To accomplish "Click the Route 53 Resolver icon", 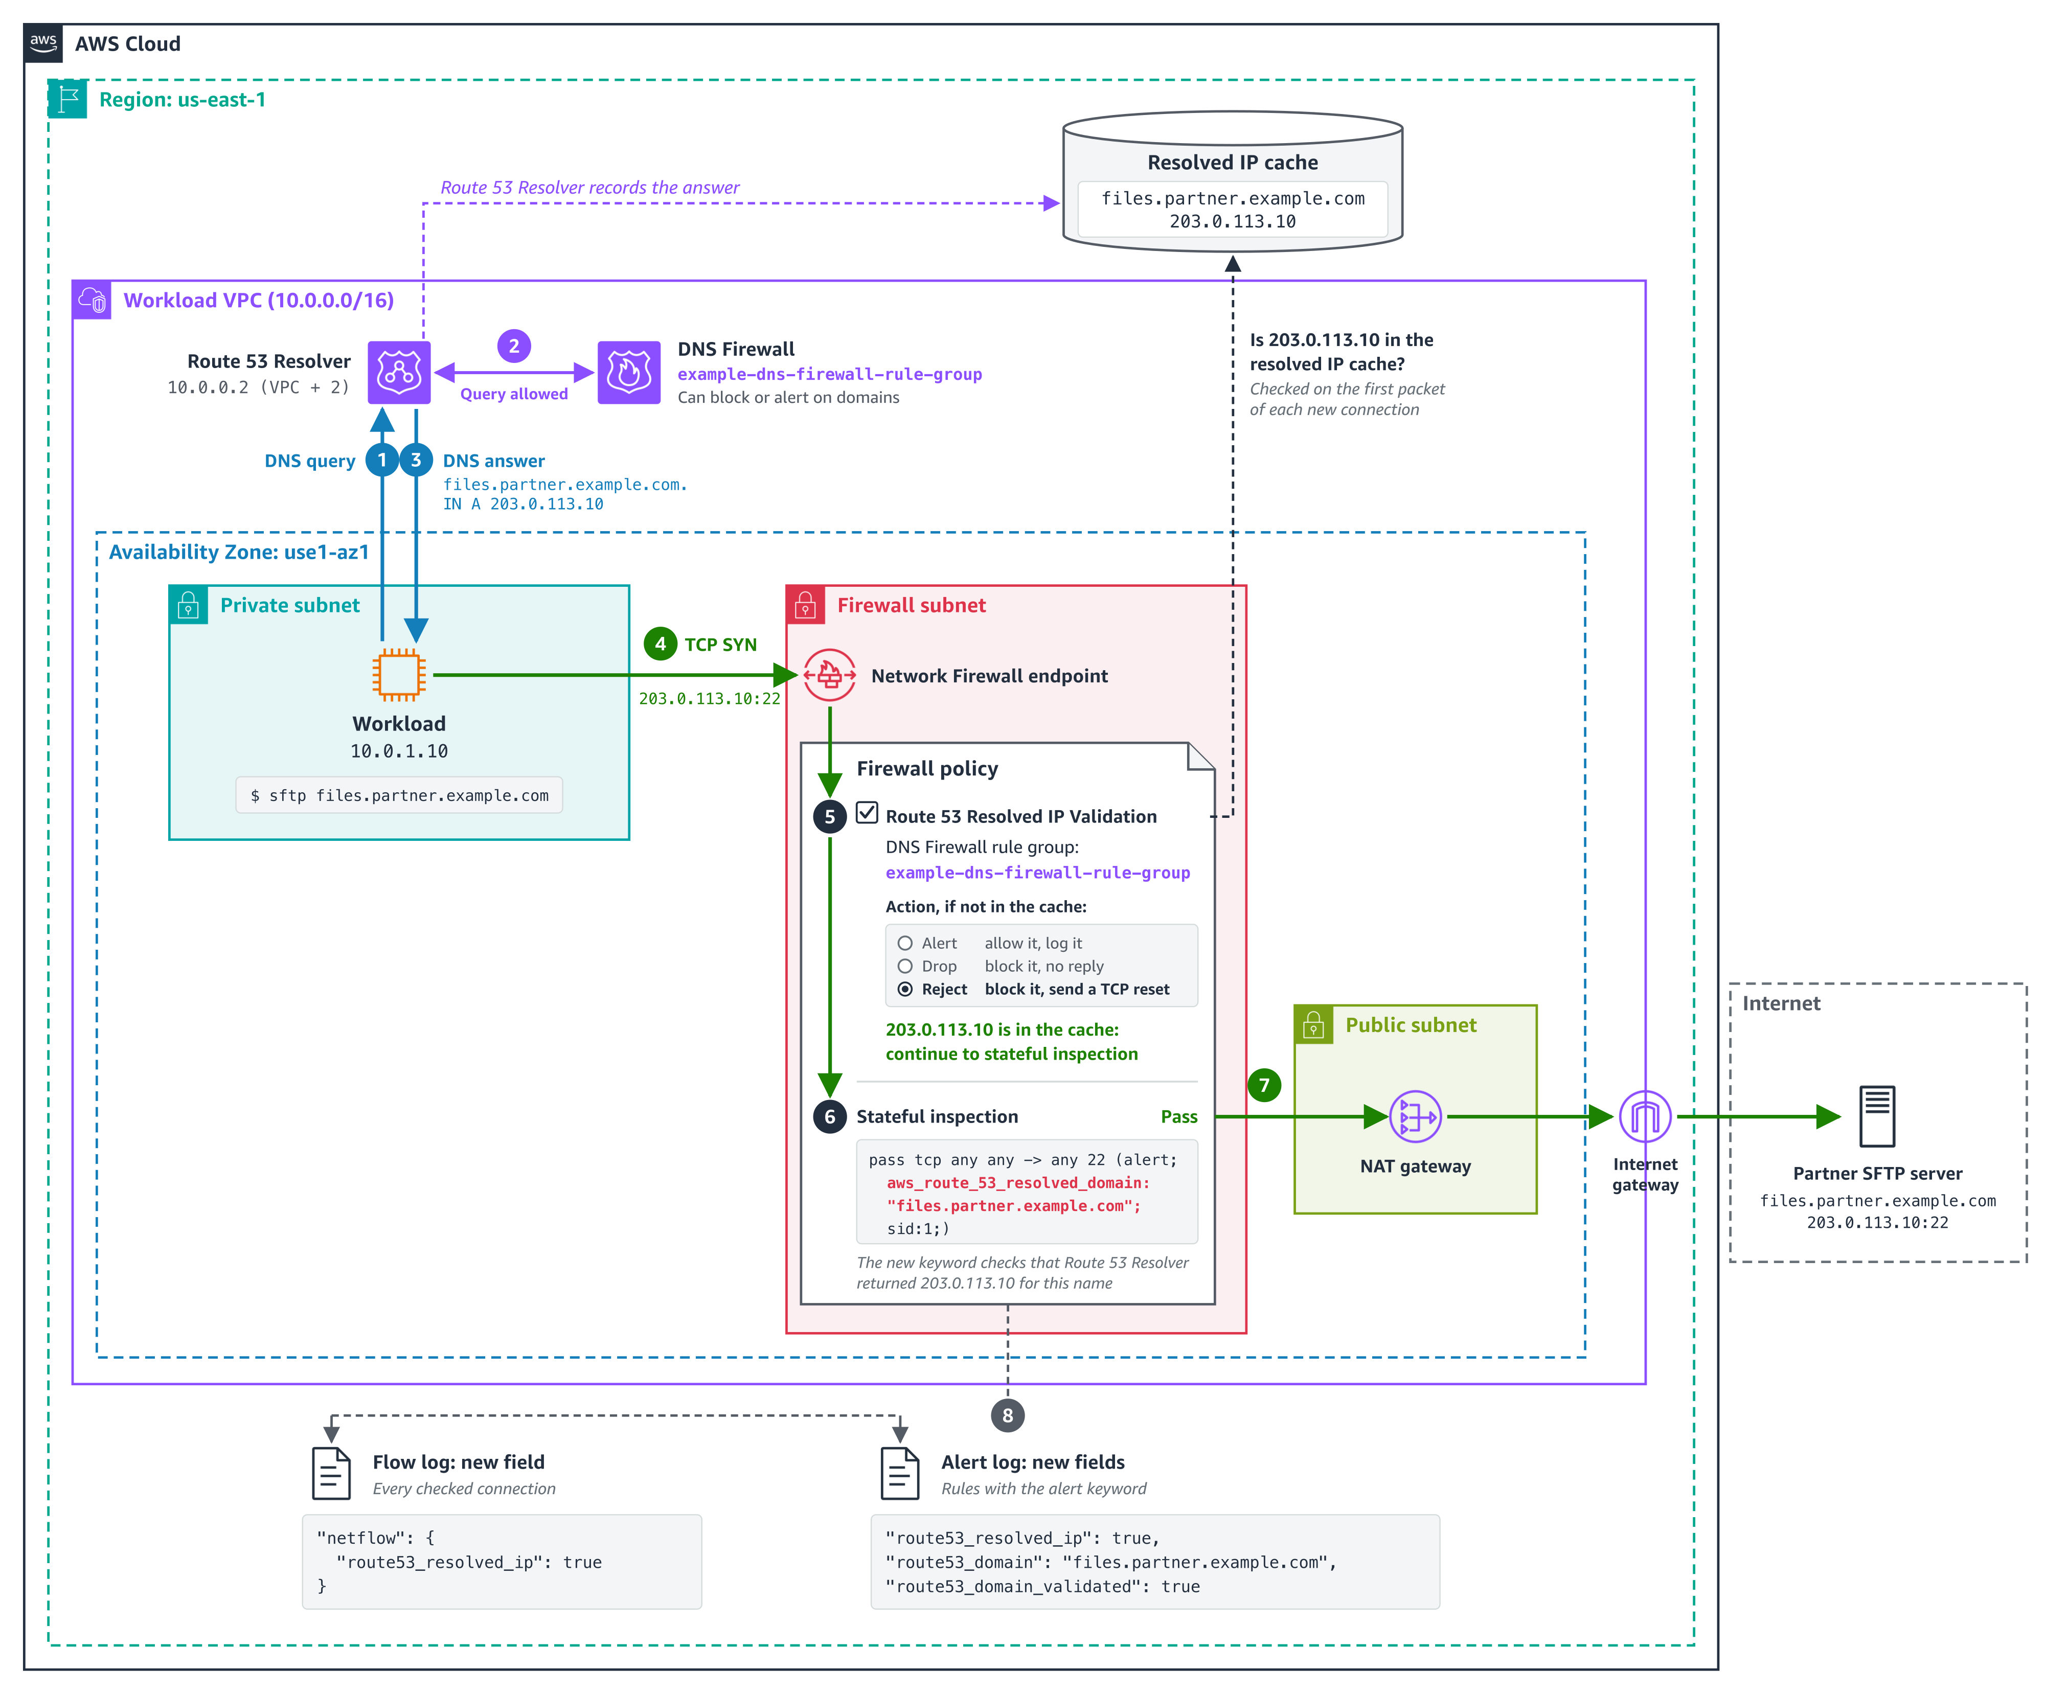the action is pyautogui.click(x=399, y=372).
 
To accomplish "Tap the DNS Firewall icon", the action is pyautogui.click(x=629, y=372).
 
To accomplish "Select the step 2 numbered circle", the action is pyautogui.click(x=514, y=346).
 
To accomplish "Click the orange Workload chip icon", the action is pyautogui.click(x=399, y=675).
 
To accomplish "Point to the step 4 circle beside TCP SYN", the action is pyautogui.click(x=660, y=644).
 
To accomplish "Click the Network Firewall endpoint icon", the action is pyautogui.click(x=830, y=675).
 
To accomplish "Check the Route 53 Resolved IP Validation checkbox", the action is pyautogui.click(x=867, y=813).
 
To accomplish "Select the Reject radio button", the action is pyautogui.click(x=905, y=989).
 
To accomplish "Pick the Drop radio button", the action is pyautogui.click(x=905, y=966).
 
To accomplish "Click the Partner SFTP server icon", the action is pyautogui.click(x=1877, y=1117).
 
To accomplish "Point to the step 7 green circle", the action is pyautogui.click(x=1264, y=1085).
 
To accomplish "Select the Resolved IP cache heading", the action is pyautogui.click(x=1233, y=163).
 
